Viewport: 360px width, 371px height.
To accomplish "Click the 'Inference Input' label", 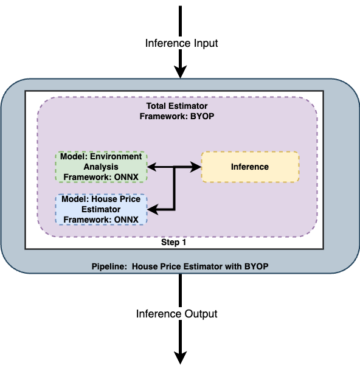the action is pyautogui.click(x=181, y=43).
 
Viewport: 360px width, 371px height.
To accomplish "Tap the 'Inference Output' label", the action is pyautogui.click(x=177, y=314).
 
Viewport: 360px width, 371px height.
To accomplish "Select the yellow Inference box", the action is pyautogui.click(x=251, y=167).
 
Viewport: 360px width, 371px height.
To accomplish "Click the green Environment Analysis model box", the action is pyautogui.click(x=101, y=167).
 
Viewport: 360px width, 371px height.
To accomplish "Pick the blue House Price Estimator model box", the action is pyautogui.click(x=101, y=209).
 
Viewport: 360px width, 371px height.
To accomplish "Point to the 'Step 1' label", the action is pyautogui.click(x=173, y=242).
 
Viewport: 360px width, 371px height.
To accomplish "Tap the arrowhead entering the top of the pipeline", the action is pyautogui.click(x=181, y=72).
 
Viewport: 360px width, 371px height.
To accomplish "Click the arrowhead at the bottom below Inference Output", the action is pyautogui.click(x=181, y=358).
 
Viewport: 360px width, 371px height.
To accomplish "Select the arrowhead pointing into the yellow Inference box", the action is pyautogui.click(x=195, y=167).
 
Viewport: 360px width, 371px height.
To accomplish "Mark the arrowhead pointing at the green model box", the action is pyautogui.click(x=153, y=167).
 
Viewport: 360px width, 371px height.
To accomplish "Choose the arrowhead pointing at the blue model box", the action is pyautogui.click(x=153, y=210).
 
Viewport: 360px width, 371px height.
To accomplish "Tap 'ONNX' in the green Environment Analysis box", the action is pyautogui.click(x=126, y=177).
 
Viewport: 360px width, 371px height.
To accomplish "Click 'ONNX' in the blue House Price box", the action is pyautogui.click(x=126, y=220).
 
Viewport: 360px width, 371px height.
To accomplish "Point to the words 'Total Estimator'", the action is pyautogui.click(x=177, y=106).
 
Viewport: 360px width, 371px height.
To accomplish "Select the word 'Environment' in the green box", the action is pyautogui.click(x=116, y=157).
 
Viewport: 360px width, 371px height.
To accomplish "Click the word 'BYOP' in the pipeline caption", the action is pyautogui.click(x=257, y=266).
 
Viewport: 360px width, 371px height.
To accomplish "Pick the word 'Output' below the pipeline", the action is pyautogui.click(x=201, y=314).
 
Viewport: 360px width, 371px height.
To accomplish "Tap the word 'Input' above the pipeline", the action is pyautogui.click(x=206, y=44).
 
